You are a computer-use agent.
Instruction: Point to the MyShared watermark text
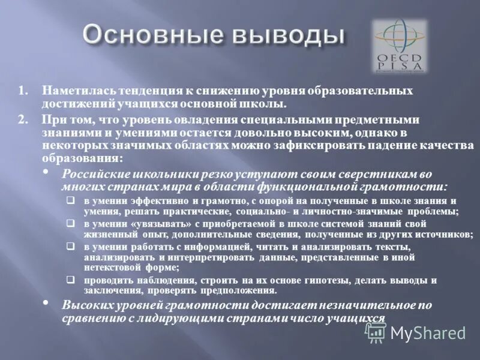428,332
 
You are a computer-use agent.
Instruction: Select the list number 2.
22,119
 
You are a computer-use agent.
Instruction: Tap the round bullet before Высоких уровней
48,304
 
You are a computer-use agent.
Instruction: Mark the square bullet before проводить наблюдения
71,280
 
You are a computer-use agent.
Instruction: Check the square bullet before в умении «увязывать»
71,223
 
